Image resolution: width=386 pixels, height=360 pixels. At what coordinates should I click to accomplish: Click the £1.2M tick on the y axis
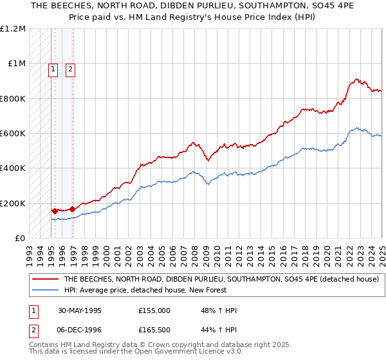[x=13, y=29]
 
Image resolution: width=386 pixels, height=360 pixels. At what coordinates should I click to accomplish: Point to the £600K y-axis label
[x=13, y=134]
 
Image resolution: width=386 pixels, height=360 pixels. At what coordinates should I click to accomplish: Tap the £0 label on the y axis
[x=20, y=239]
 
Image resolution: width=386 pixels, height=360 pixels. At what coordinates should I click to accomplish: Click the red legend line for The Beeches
[x=45, y=280]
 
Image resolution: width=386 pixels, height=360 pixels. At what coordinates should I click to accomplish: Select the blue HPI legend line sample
[x=45, y=290]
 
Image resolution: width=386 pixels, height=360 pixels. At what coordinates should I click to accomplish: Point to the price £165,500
[x=154, y=330]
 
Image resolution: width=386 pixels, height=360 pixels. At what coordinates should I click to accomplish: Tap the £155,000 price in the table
[x=154, y=310]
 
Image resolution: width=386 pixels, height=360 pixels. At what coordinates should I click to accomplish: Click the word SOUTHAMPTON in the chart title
[x=252, y=7]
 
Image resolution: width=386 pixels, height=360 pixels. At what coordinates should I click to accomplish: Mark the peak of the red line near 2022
[x=356, y=79]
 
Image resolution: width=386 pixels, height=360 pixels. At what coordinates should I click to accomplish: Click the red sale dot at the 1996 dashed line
[x=72, y=209]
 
